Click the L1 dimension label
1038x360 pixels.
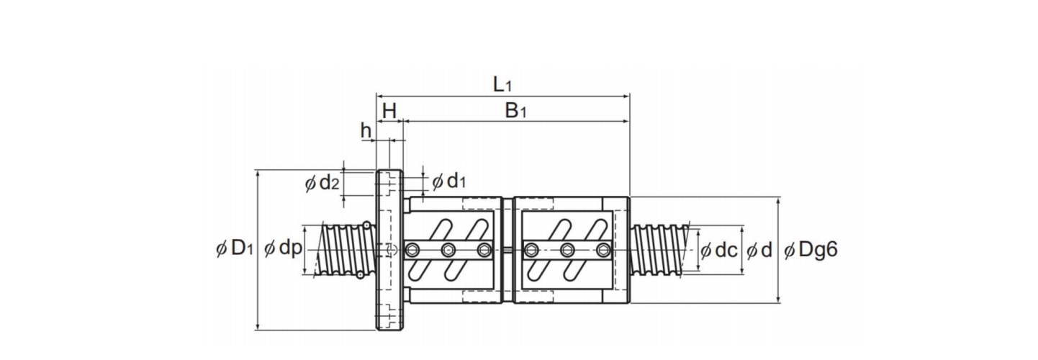click(502, 84)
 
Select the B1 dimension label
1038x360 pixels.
click(515, 111)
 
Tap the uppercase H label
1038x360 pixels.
click(389, 111)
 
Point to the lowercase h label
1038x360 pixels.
click(366, 130)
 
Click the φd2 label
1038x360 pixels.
click(322, 184)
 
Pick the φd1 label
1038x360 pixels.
click(448, 181)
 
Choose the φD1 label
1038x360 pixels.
click(235, 248)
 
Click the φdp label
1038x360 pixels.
click(283, 249)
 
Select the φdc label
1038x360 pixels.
click(718, 250)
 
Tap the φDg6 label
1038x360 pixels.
click(811, 250)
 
